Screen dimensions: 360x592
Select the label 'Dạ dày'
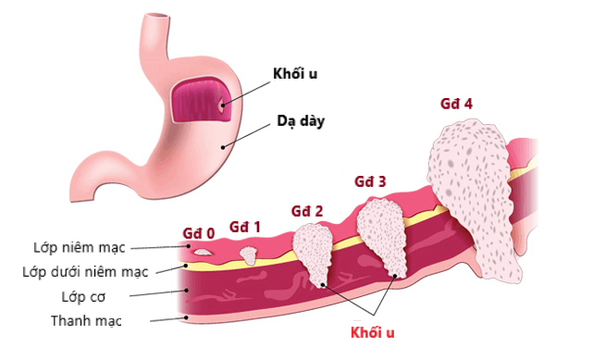click(302, 121)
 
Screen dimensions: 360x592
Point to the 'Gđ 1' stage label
click(245, 225)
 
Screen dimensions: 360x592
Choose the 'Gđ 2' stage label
click(306, 210)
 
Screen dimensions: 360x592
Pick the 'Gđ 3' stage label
click(370, 180)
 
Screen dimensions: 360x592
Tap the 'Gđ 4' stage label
click(456, 103)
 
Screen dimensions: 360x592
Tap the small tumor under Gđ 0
click(203, 250)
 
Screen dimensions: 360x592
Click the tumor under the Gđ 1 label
click(249, 252)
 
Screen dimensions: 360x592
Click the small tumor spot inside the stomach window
click(220, 105)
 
